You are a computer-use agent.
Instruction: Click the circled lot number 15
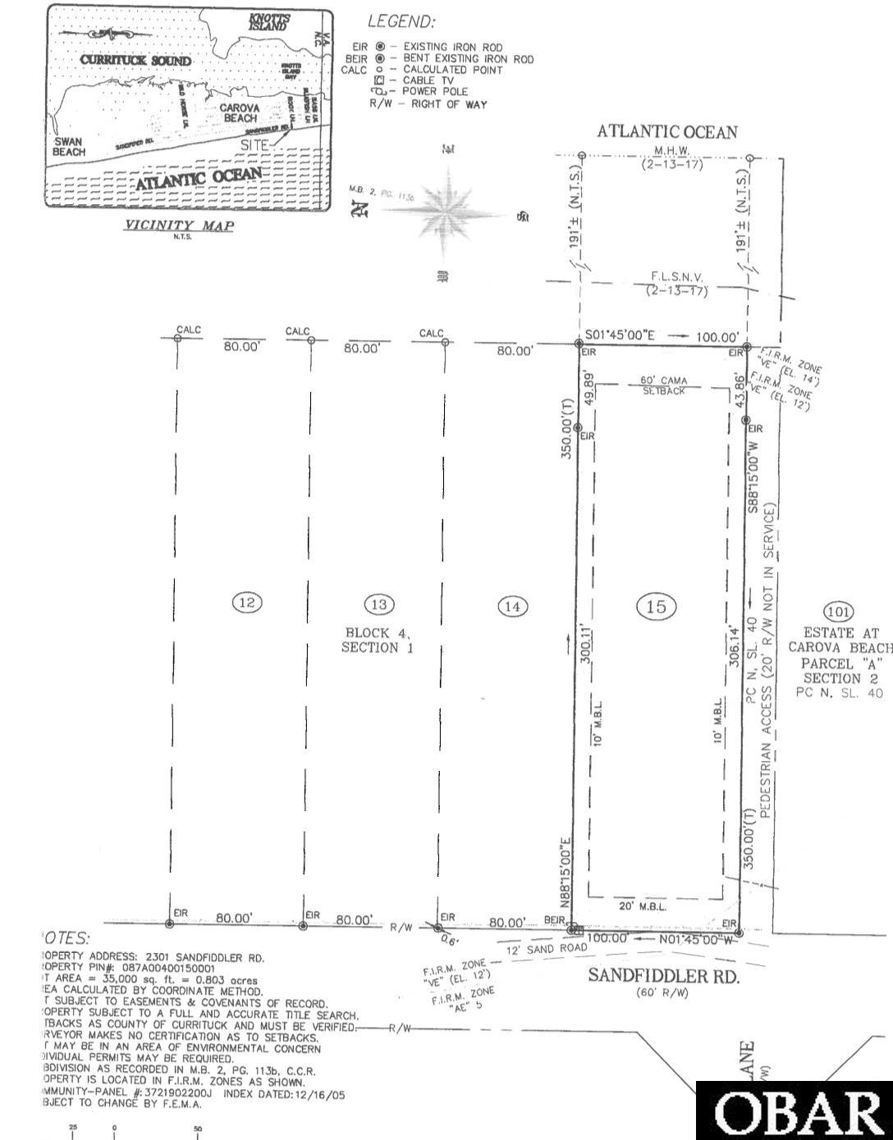click(656, 606)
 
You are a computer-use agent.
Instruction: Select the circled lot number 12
click(247, 603)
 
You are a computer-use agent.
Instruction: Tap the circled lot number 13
click(379, 604)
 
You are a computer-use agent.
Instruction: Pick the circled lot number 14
click(513, 606)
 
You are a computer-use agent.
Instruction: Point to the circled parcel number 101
click(838, 611)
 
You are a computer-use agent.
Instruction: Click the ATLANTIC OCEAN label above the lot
click(666, 132)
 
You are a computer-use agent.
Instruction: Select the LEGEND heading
click(401, 23)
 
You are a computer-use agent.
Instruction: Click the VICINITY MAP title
click(178, 226)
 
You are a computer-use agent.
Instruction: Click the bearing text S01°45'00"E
click(621, 335)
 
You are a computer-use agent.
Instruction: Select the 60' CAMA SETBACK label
click(663, 385)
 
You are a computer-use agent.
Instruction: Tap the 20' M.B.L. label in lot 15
click(641, 905)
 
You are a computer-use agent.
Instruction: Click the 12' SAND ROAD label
click(547, 949)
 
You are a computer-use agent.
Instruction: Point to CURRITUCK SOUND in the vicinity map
click(135, 61)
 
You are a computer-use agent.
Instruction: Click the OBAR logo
click(795, 1114)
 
